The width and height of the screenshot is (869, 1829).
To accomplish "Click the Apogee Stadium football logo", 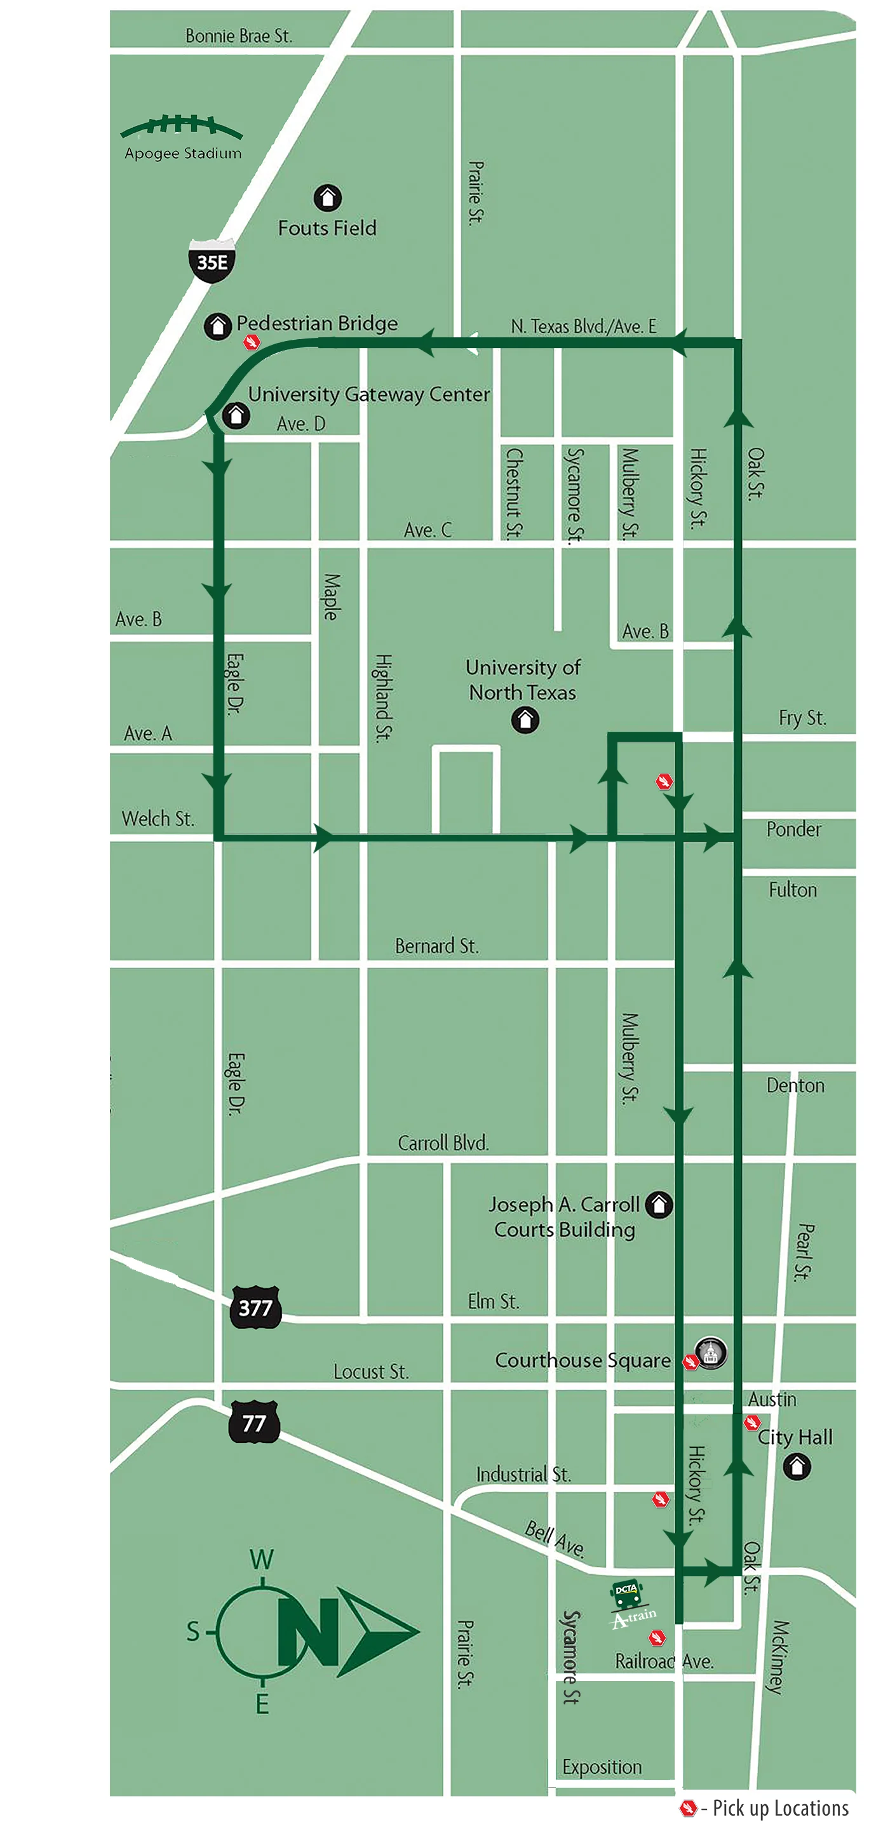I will pos(182,127).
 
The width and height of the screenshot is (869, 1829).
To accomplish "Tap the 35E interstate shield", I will pos(212,262).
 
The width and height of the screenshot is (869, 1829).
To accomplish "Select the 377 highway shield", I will pos(255,1307).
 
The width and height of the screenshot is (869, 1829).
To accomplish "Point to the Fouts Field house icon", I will pos(327,198).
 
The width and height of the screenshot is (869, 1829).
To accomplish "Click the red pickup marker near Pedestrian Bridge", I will pos(252,343).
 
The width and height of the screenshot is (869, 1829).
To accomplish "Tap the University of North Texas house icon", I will pos(525,720).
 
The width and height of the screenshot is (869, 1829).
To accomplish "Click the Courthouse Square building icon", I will pos(710,1352).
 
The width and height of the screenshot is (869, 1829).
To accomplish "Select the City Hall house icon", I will pos(796,1466).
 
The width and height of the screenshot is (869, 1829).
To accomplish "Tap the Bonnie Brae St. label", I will pos(239,36).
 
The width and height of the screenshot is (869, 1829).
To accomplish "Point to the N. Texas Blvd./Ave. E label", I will pos(583,326).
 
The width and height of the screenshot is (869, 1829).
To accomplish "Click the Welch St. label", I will pos(158,819).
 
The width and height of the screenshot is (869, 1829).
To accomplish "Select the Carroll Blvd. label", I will pos(443,1142).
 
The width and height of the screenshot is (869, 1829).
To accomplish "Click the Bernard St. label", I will pos(436,946).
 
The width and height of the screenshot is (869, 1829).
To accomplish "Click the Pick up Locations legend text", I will pos(779,1807).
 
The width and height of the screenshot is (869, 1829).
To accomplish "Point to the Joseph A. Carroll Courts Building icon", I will pos(658,1204).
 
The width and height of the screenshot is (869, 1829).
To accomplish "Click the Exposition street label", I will pos(602,1767).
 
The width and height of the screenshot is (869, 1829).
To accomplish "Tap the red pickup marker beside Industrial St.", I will pos(660,1498).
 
